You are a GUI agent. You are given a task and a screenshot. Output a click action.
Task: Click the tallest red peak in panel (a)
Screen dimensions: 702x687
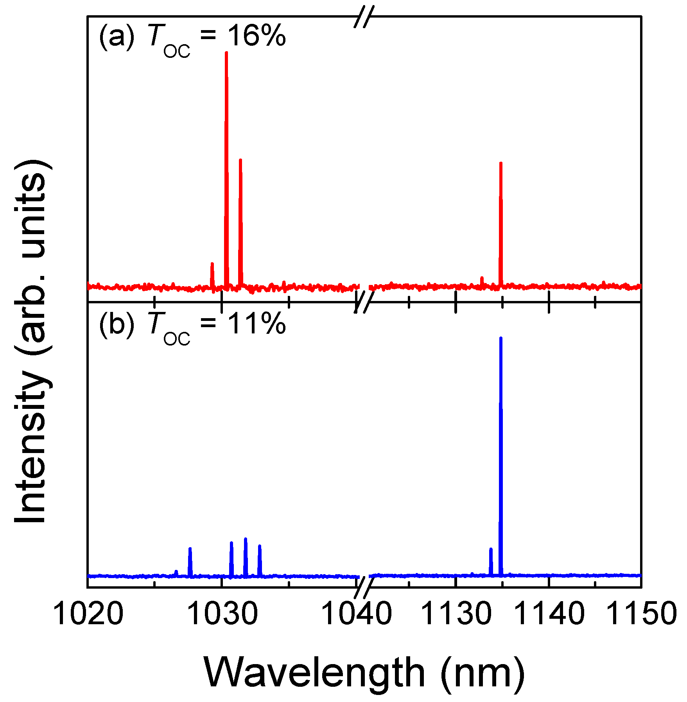[x=226, y=117]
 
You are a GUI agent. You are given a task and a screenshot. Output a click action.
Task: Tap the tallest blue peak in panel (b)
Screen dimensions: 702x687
[x=500, y=430]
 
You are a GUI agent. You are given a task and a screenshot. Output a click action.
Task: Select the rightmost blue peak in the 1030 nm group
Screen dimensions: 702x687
[x=260, y=559]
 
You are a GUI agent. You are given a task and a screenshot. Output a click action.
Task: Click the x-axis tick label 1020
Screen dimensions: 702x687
[x=88, y=614]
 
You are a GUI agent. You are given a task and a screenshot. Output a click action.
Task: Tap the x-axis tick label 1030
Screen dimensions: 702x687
[x=222, y=614]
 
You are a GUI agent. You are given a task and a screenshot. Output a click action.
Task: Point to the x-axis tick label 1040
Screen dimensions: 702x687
[x=356, y=614]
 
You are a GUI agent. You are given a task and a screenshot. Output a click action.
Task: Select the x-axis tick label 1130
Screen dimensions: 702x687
[x=456, y=614]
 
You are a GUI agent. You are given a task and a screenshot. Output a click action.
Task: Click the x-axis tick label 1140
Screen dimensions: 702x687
[x=549, y=614]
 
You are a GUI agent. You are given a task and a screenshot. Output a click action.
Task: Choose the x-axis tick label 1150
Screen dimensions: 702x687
[x=641, y=614]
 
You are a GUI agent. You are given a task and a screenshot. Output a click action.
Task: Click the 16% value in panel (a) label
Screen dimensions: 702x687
[x=256, y=36]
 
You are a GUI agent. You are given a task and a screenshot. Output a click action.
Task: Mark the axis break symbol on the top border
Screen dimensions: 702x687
[x=364, y=17]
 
